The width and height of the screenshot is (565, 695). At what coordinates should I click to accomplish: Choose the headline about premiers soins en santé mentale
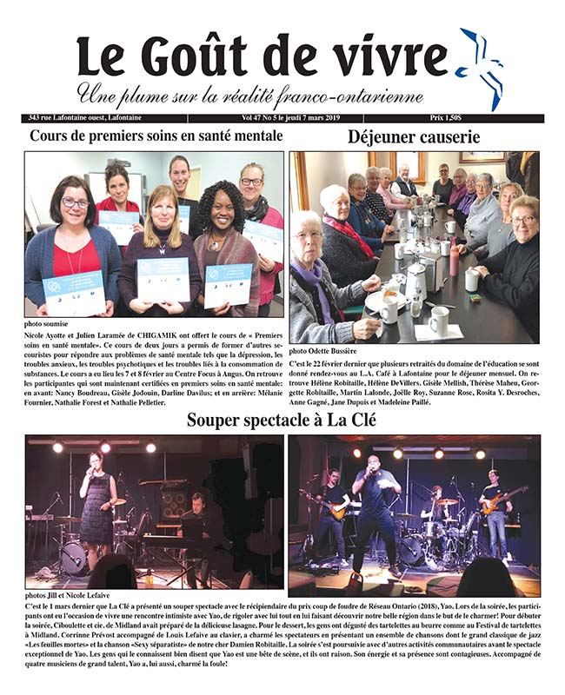[156, 136]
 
